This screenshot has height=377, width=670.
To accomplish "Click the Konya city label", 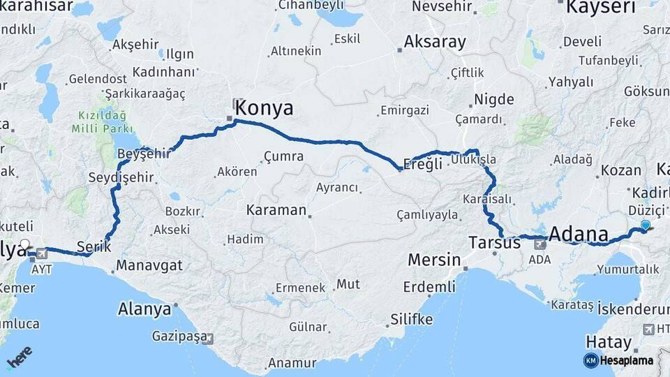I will (264, 108).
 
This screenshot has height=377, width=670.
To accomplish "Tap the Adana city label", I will (579, 233).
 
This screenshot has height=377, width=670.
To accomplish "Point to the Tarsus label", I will (494, 243).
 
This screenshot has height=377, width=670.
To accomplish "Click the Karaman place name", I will (276, 209).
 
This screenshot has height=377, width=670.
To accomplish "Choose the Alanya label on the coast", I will (144, 308).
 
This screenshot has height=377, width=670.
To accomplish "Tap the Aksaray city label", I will (434, 42).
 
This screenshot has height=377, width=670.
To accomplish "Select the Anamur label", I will (292, 362).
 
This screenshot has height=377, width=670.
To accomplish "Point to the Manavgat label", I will (149, 265).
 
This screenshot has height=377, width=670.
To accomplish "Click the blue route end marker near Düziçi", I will (646, 225).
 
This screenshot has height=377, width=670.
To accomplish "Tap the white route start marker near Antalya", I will (25, 245).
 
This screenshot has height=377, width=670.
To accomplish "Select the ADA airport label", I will (539, 259).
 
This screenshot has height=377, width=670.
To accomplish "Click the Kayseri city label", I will (600, 7).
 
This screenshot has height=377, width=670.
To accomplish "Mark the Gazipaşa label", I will (179, 337).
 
